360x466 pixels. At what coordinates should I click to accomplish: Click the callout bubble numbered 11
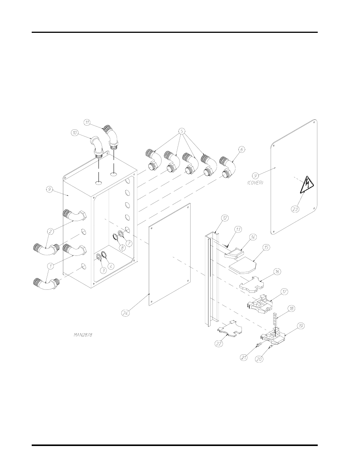coord(87,122)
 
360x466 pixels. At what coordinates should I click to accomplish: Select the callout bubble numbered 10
coord(74,132)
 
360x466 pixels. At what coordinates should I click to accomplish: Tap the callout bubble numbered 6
coord(242,149)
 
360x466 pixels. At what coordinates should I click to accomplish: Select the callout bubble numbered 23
coord(295,208)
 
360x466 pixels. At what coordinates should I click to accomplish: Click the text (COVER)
coord(255,183)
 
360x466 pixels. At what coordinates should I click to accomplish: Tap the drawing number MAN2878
coord(83,334)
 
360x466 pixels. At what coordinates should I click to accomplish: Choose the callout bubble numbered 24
coord(125,312)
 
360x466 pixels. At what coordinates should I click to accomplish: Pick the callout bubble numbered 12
coord(225,218)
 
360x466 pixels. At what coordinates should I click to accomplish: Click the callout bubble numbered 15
coord(266,248)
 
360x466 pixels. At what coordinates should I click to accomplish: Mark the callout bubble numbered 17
coord(285,291)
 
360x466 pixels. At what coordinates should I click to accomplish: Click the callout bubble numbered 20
coord(259,359)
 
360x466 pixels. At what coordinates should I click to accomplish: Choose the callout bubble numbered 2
coord(50,231)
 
